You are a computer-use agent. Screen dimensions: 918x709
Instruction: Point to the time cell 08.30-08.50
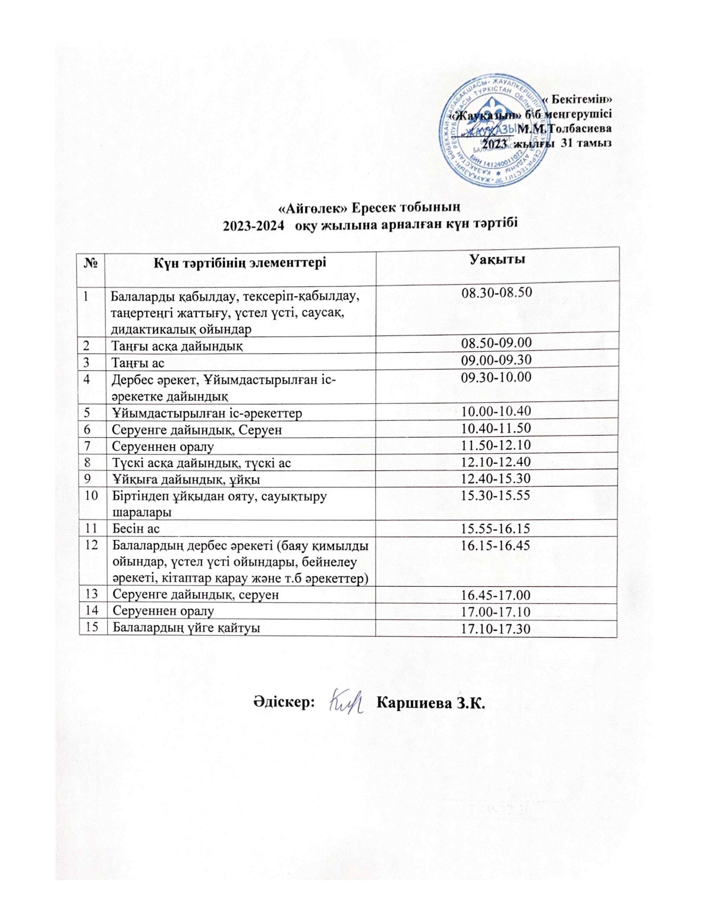pos(497,293)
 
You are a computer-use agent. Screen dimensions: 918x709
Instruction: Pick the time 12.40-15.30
pos(497,479)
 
